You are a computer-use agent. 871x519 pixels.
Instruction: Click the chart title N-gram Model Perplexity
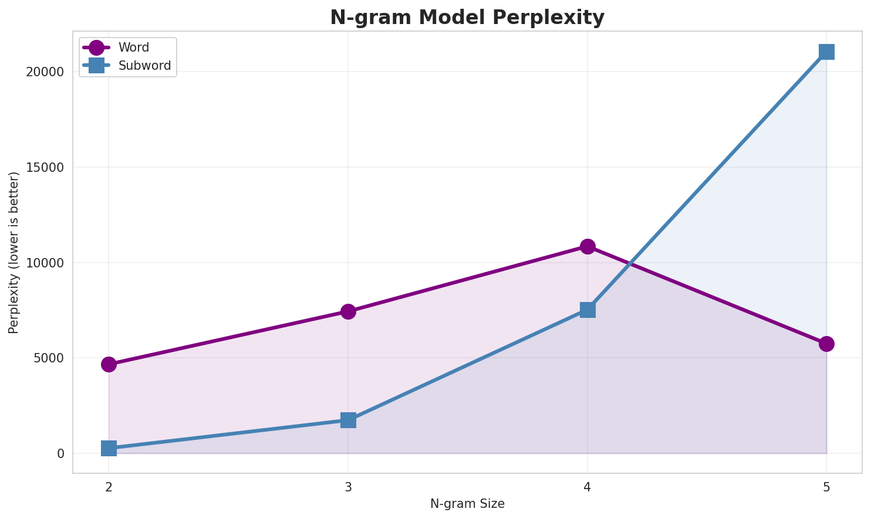pos(467,18)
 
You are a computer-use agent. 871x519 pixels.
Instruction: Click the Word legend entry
pos(133,48)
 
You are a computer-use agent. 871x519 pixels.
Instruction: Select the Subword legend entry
pos(144,66)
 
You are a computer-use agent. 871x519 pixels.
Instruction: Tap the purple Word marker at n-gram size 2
pos(109,364)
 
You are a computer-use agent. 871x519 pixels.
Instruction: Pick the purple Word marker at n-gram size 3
pos(348,311)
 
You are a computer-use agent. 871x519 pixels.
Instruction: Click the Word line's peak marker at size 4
pos(588,246)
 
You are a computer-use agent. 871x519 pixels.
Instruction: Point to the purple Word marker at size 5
pos(826,344)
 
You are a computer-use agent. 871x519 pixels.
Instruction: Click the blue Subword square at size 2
pos(109,448)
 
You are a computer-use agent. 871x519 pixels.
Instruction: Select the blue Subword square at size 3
pos(348,420)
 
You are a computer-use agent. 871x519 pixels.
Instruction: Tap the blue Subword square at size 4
pos(588,310)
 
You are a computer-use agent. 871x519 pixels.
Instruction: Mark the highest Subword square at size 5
pos(826,52)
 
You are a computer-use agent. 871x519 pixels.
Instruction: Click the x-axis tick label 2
pos(109,487)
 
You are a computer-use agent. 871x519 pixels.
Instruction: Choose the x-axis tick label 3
pos(348,487)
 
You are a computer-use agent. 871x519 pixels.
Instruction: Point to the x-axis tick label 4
pos(588,487)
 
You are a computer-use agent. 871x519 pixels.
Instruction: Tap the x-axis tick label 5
pos(826,487)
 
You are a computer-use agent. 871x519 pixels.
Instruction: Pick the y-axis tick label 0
pos(60,454)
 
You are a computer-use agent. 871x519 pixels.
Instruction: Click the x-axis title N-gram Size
pos(467,504)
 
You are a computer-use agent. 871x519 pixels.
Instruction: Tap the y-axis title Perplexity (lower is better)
pos(14,252)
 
